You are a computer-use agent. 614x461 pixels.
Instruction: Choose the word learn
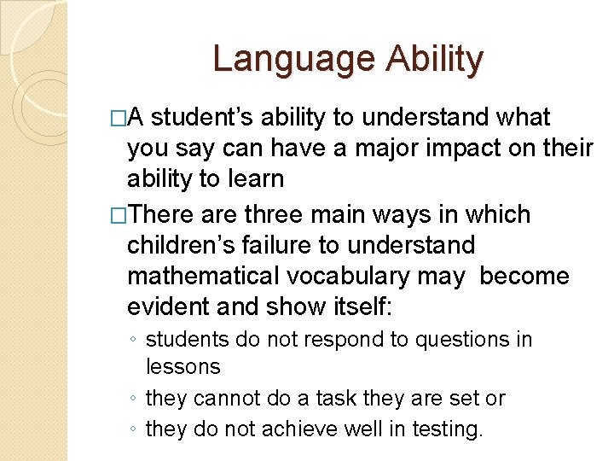pyautogui.click(x=256, y=179)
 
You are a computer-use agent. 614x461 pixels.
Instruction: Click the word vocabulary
pyautogui.click(x=345, y=277)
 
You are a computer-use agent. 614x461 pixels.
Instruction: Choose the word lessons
pyautogui.click(x=183, y=367)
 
